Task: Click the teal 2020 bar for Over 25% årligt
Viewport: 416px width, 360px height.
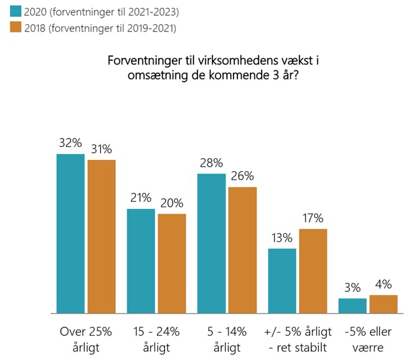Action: [70, 234]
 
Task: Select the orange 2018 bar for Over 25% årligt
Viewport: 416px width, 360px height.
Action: [101, 237]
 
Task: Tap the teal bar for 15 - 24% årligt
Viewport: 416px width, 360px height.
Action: [141, 261]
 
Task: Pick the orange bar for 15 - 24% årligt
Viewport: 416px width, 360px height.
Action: [172, 264]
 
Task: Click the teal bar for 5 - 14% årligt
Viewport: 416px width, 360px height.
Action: [211, 244]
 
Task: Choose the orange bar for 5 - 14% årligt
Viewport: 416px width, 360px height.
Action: [243, 250]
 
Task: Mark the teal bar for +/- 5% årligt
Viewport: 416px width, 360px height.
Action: [282, 281]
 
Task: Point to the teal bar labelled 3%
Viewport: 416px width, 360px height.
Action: [353, 306]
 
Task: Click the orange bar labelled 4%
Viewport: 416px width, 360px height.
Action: [383, 304]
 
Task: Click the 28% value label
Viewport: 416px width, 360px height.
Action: [211, 163]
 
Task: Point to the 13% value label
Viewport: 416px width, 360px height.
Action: [282, 238]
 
